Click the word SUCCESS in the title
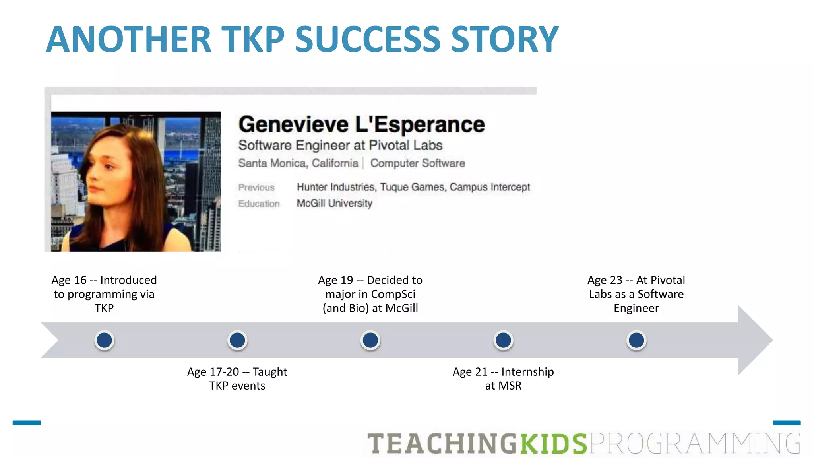coord(368,39)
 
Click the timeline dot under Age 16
coord(105,340)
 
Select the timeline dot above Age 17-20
coord(237,340)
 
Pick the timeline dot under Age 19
coord(370,340)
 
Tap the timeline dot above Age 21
coord(503,340)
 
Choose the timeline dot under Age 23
coord(636,340)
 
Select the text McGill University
coord(334,203)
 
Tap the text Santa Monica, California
coord(298,163)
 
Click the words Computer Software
coord(417,163)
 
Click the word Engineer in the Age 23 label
coord(636,308)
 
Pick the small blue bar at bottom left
coord(27,423)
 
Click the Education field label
coord(259,204)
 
